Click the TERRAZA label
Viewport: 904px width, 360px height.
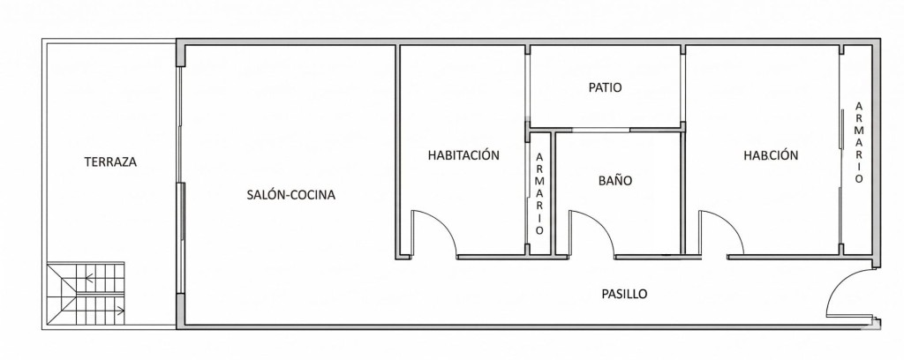pos(110,161)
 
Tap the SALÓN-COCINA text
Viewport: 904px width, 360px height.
pos(290,195)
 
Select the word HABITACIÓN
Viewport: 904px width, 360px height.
pos(463,155)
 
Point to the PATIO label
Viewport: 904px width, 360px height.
pos(605,88)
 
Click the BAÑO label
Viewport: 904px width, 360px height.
pos(614,181)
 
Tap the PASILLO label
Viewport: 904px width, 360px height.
pos(624,294)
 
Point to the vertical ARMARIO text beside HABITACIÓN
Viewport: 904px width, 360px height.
pos(539,193)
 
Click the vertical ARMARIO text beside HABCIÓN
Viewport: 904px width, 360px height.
pos(859,142)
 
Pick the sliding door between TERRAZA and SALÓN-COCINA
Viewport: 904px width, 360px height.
pos(181,182)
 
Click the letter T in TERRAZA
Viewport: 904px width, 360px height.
pos(87,161)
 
